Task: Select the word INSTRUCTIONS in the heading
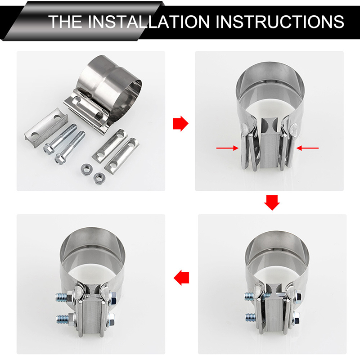point(279,22)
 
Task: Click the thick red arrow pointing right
point(181,123)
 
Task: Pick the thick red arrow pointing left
point(181,278)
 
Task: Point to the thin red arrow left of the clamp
point(227,148)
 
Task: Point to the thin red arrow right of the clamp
point(307,148)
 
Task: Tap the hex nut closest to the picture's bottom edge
point(99,178)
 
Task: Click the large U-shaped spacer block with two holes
point(46,129)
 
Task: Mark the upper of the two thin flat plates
point(110,145)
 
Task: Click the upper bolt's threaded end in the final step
point(62,297)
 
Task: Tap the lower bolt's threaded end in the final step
point(62,319)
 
